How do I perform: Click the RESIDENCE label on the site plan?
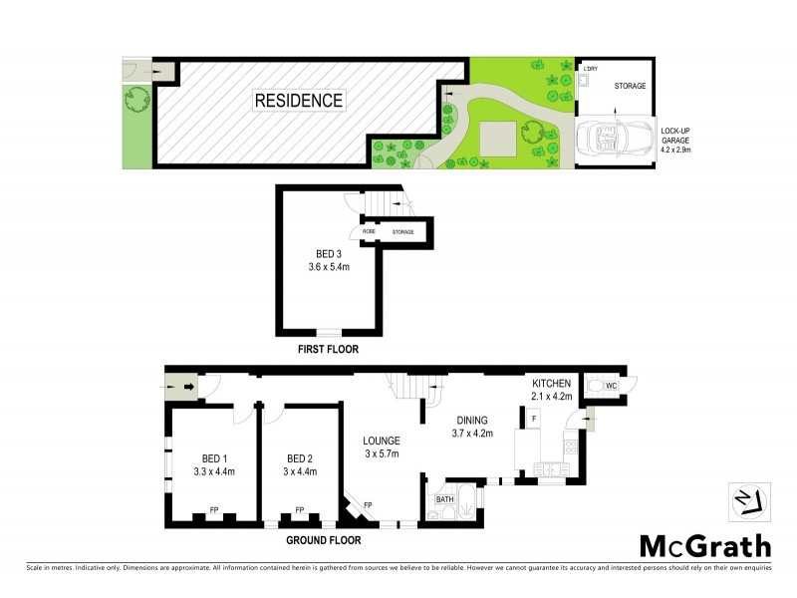298,100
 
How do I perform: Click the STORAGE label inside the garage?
629,87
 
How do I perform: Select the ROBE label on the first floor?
369,231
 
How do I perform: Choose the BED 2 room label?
297,459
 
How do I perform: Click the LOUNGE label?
382,440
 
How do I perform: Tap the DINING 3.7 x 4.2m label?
472,426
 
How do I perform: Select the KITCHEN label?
550,383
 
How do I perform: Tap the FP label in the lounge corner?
368,505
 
